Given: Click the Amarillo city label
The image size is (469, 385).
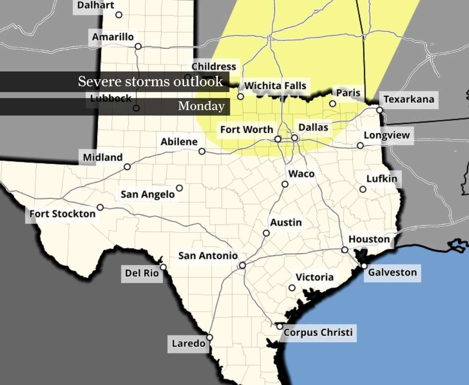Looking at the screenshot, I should point(113,37).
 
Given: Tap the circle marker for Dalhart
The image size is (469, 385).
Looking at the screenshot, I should point(119,15).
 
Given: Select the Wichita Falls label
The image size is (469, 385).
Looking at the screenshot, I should point(275,86).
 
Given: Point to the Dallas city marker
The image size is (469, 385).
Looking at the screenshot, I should point(295,138).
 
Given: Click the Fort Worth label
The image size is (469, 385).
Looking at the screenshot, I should point(247,130).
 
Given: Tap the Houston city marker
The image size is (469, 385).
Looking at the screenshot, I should point(345,250).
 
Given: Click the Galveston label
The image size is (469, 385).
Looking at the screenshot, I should point(392,273).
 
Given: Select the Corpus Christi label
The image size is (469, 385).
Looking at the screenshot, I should point(318,333).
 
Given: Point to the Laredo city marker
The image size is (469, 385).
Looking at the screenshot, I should point(210,337).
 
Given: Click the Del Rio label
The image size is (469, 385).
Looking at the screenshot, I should point(142,273).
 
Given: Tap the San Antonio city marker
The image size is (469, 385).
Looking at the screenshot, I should point(242,265).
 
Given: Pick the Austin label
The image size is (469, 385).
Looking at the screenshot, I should point(286,223).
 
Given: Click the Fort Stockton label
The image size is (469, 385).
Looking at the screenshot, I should point(62,214).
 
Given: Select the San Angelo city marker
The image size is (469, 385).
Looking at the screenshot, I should point(179,188).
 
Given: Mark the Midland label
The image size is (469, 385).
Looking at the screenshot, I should point(103,158).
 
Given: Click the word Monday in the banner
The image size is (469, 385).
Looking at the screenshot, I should point(201,106).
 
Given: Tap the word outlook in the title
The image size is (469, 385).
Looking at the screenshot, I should point(198,81).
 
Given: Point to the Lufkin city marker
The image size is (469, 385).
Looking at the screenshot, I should point(363,189).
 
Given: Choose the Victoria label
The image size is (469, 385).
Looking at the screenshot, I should point(314,277).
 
